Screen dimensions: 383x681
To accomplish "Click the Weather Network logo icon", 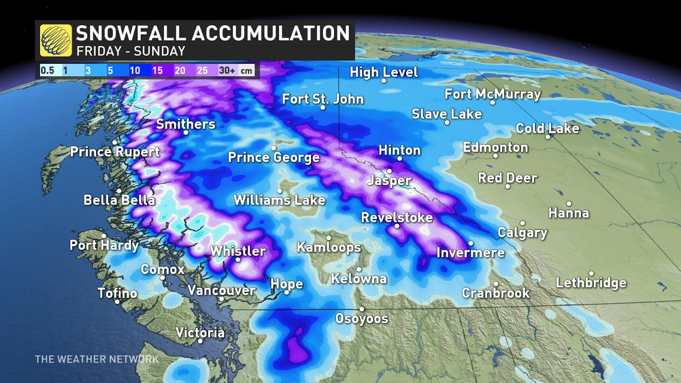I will [x=56, y=40].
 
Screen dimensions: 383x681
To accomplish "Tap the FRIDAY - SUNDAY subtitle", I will [x=131, y=51].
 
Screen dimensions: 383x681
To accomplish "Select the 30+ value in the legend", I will [x=227, y=70].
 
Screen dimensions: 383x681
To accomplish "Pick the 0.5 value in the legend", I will [x=47, y=70].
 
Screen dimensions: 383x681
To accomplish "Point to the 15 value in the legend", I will [x=157, y=70].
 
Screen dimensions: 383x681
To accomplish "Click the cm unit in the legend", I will [x=246, y=71].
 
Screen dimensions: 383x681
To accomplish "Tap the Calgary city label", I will [x=522, y=233].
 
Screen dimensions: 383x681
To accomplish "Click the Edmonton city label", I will [x=495, y=147].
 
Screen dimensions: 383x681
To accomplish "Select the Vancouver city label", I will [x=221, y=290].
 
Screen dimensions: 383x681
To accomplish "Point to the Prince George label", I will [x=274, y=157].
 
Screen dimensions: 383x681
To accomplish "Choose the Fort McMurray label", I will [x=492, y=94].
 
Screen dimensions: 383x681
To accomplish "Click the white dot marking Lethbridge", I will [x=591, y=273].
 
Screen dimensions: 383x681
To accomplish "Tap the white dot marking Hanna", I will [x=569, y=203].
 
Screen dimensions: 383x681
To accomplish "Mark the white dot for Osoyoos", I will [x=362, y=309].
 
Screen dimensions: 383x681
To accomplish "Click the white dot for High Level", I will [x=384, y=80].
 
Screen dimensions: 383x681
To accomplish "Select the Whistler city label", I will [x=238, y=251].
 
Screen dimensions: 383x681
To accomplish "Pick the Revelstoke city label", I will [x=397, y=217].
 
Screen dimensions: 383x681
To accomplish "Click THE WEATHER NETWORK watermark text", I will [x=97, y=359].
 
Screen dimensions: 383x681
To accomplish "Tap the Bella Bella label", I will [x=119, y=200].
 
